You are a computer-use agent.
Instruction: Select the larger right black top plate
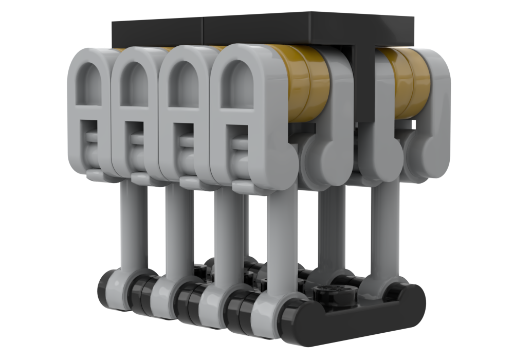coord(308,28)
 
